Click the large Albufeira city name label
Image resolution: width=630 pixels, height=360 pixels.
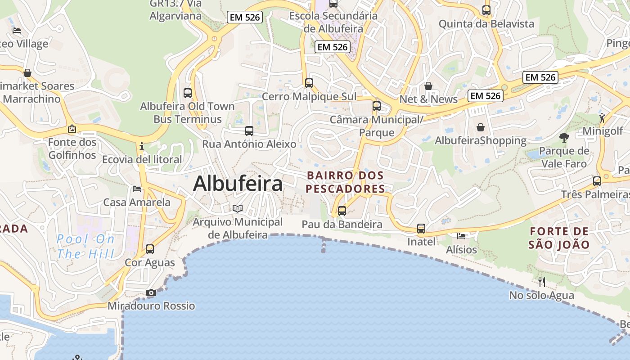[x=238, y=184]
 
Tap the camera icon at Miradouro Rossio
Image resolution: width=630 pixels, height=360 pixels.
[x=151, y=293]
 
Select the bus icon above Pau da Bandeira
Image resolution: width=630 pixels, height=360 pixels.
[x=342, y=211]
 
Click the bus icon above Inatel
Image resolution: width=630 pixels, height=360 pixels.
[x=421, y=229]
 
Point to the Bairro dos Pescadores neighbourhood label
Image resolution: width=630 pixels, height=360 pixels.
[x=346, y=182]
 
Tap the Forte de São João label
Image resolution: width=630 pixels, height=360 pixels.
[x=559, y=238]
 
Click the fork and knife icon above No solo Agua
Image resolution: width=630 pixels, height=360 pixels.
[x=542, y=282]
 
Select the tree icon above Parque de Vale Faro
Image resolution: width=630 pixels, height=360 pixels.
[x=564, y=138]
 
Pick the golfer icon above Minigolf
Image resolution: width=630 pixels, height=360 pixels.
[x=602, y=118]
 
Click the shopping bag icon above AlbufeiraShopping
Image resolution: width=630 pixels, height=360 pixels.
[x=481, y=127]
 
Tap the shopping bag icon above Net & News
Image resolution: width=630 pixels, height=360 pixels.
[x=428, y=86]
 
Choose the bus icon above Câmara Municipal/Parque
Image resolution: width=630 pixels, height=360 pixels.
[x=377, y=106]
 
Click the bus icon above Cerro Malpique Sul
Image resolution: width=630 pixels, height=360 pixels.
[x=309, y=83]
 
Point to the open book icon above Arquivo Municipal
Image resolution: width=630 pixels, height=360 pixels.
[x=238, y=209]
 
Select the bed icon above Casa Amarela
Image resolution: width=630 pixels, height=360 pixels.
[x=137, y=189]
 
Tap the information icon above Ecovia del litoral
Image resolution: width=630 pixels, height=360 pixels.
[x=142, y=147]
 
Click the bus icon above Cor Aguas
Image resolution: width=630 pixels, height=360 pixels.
[x=150, y=249]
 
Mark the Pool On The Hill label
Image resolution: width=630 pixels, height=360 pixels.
[x=85, y=246]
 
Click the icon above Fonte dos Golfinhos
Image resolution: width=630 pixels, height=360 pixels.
[x=72, y=129]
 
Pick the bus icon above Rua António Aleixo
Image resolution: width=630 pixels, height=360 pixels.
[x=249, y=131]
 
